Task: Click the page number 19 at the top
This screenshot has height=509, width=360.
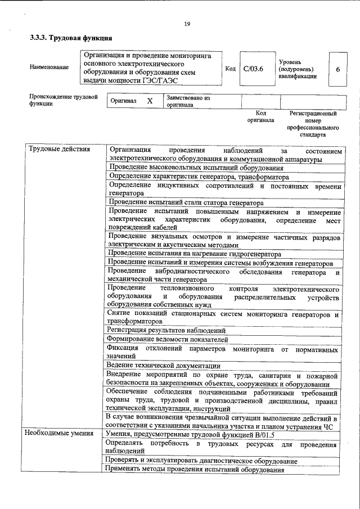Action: pyautogui.click(x=187, y=23)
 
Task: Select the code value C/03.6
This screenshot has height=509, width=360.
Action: pyautogui.click(x=253, y=69)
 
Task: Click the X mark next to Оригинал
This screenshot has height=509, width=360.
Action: pyautogui.click(x=149, y=101)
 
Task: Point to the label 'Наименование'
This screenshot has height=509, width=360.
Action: pyautogui.click(x=49, y=67)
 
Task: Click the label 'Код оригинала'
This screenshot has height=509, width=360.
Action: pyautogui.click(x=260, y=116)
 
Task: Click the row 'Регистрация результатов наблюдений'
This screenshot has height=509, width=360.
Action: pyautogui.click(x=167, y=330)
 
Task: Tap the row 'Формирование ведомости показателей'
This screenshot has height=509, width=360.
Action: pyautogui.click(x=168, y=339)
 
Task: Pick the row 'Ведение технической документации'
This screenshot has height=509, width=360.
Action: pyautogui.click(x=164, y=366)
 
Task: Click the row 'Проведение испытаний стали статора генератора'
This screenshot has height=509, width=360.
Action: pyautogui.click(x=185, y=202)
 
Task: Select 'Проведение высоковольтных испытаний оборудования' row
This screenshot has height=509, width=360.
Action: pyautogui.click(x=196, y=168)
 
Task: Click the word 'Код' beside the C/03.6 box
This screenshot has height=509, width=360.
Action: pyautogui.click(x=230, y=69)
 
